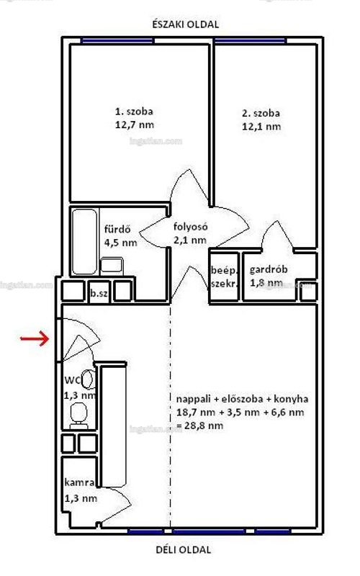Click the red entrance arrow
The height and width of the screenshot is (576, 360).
[x=35, y=338]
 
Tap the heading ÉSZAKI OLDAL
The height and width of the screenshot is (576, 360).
[x=186, y=24]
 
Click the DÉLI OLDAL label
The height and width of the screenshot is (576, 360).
[x=184, y=550]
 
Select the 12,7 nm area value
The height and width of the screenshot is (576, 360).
[x=135, y=125]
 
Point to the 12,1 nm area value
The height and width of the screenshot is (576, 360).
[x=261, y=127]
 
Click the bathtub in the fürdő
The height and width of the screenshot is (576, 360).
[x=85, y=242]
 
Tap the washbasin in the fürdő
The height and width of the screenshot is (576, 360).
[x=112, y=265]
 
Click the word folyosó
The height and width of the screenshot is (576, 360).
[x=191, y=227]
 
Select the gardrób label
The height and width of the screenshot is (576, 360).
[x=269, y=269]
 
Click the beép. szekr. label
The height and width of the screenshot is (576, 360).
[x=224, y=277]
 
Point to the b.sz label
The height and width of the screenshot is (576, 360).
[x=99, y=293]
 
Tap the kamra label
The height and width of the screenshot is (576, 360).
[x=79, y=482]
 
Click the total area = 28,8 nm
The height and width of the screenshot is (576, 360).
[x=199, y=426]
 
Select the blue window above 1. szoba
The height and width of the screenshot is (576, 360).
[x=117, y=41]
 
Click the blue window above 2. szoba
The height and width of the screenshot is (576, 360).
[x=250, y=41]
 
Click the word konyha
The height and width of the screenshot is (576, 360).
[x=294, y=399]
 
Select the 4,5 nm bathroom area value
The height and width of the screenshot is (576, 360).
[x=121, y=243]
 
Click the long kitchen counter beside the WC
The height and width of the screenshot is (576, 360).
[x=113, y=425]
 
